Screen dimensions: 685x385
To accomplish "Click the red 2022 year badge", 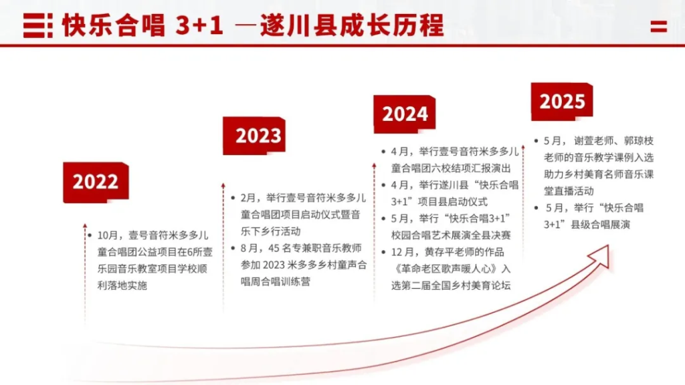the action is (x=96, y=182).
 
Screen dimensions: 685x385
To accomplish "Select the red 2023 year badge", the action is (x=254, y=135).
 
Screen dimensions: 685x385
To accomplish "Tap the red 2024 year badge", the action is (x=405, y=114).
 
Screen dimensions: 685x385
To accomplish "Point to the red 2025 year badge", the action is (x=562, y=102).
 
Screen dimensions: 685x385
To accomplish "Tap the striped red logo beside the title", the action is (x=38, y=25).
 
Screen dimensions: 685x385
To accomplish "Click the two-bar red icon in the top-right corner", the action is (x=658, y=27).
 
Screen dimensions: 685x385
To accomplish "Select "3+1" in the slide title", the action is (x=199, y=25).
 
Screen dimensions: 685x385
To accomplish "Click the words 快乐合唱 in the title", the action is (x=114, y=25).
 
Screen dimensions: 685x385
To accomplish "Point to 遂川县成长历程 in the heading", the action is (x=352, y=25).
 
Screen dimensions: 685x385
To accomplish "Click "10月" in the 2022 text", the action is (x=108, y=235).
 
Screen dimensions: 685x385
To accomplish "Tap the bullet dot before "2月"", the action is (x=233, y=198).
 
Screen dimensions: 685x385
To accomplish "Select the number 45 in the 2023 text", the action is (x=274, y=248).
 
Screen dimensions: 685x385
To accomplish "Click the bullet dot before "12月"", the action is (x=383, y=252).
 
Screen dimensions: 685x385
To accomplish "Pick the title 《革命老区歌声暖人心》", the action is (x=446, y=269).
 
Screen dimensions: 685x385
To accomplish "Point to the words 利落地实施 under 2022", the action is (x=122, y=285).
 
